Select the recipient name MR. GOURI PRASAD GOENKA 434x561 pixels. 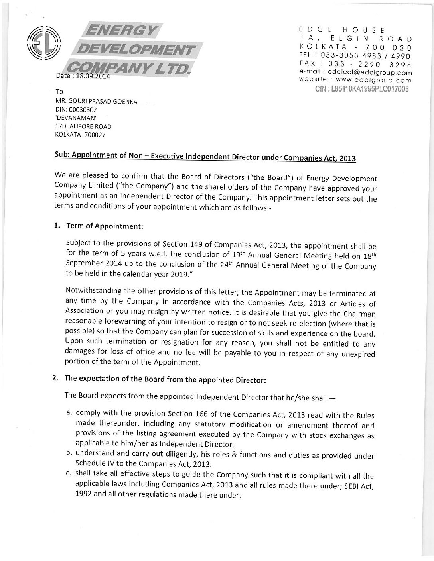[96, 102]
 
